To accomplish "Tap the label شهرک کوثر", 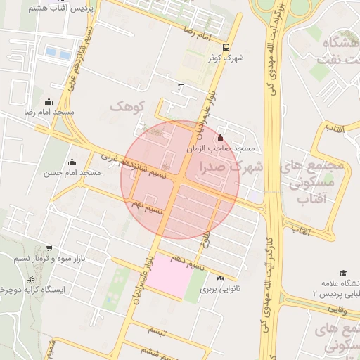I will tap(226, 59).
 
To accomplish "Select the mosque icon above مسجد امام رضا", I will tap(49, 102).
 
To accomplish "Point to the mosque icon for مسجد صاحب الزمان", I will tap(221, 139).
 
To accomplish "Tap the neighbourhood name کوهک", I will tap(127, 107).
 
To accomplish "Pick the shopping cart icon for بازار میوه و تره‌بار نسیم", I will tap(49, 248).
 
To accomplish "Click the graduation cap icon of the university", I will tap(343, 273).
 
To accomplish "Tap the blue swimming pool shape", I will tap(58, 53).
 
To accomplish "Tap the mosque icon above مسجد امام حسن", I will tap(72, 162).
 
